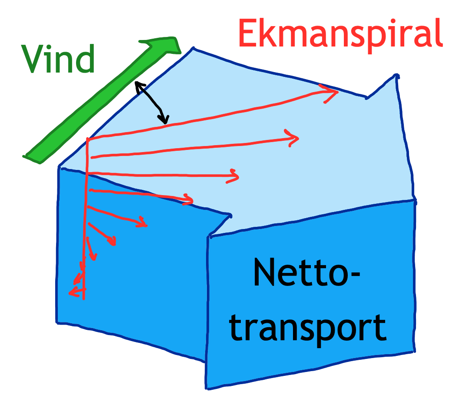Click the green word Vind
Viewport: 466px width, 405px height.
pos(58,60)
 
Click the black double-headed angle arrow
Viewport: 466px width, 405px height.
pos(151,103)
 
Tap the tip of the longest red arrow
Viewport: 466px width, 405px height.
pos(337,92)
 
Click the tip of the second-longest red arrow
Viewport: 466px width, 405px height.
pos(298,139)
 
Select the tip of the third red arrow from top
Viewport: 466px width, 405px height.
pos(238,176)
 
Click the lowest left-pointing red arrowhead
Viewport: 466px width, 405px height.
pos(71,293)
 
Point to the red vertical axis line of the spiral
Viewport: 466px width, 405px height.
pos(85,217)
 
